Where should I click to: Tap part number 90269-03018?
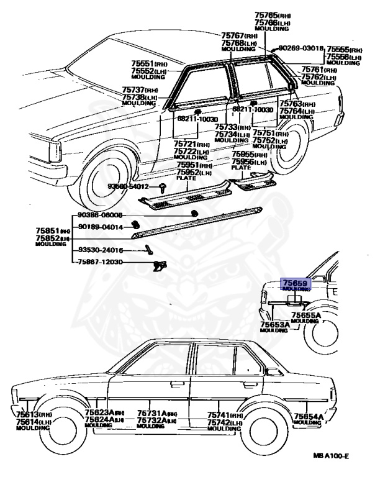point(300,48)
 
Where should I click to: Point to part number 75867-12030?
point(100,263)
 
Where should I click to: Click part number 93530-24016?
point(100,250)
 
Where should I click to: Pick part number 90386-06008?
point(100,215)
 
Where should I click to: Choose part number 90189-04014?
point(100,227)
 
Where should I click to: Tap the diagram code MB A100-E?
point(331,457)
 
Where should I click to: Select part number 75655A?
point(305,316)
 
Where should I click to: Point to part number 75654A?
point(307,416)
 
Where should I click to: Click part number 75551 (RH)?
point(148,64)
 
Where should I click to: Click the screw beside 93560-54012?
point(163,186)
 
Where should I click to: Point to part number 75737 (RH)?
point(139,91)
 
